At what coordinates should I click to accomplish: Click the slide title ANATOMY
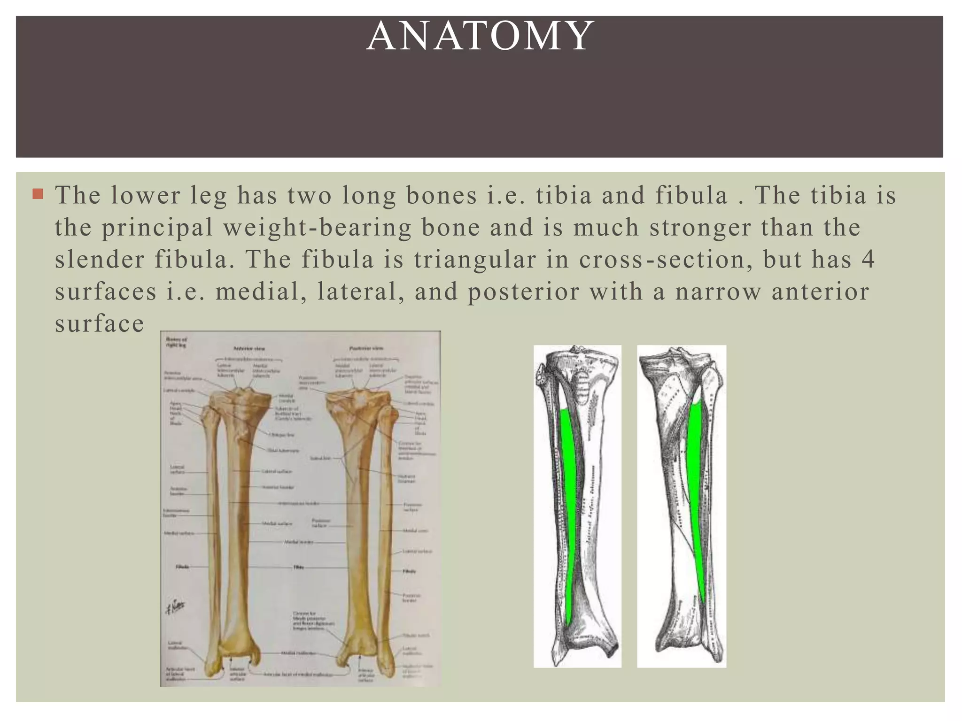click(480, 36)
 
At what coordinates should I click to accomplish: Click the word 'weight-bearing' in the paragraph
click(317, 228)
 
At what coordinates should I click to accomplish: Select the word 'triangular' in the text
click(475, 260)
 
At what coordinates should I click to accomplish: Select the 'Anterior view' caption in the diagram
click(249, 349)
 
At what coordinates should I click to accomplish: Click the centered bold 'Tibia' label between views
click(298, 567)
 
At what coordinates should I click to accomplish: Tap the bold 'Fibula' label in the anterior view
click(183, 567)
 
